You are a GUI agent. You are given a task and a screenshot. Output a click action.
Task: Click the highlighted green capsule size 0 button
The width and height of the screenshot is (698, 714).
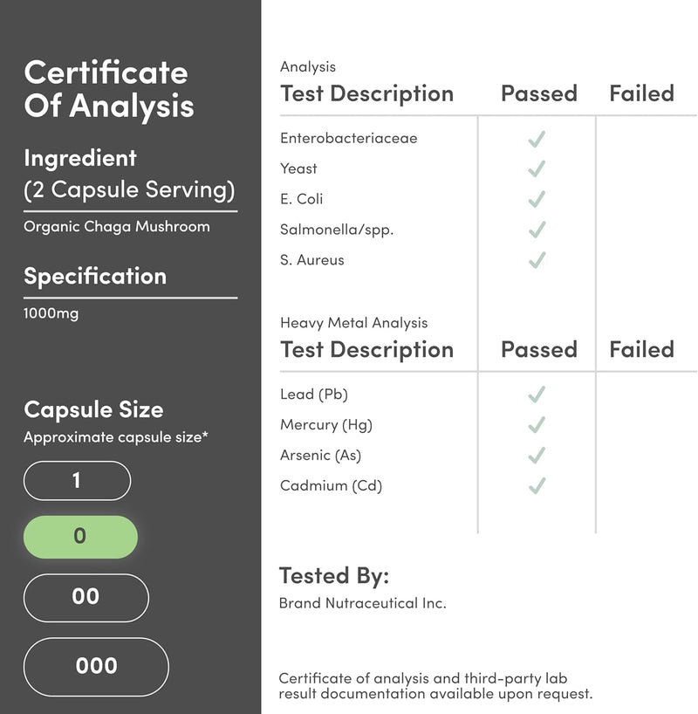pyautogui.click(x=80, y=536)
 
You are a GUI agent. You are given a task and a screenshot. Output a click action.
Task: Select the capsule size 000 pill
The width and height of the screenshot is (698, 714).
pyautogui.click(x=96, y=666)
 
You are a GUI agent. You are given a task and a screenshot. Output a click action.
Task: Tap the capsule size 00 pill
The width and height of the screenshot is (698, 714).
pyautogui.click(x=86, y=597)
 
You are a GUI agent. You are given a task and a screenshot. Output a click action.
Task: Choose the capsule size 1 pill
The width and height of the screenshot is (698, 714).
pyautogui.click(x=77, y=480)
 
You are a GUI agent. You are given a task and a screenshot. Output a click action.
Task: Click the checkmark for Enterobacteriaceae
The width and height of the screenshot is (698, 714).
pyautogui.click(x=537, y=138)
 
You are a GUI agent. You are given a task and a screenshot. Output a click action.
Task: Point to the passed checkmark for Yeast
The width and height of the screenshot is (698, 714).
pyautogui.click(x=537, y=168)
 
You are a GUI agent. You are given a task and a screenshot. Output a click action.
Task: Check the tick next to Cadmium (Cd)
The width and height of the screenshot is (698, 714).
pyautogui.click(x=537, y=485)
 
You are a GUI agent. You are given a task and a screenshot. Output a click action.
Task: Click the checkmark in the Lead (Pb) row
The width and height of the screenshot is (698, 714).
pyautogui.click(x=537, y=395)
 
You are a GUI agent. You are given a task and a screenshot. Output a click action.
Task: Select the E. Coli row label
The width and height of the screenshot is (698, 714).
pyautogui.click(x=302, y=199)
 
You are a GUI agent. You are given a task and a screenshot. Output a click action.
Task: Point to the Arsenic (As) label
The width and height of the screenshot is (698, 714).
pyautogui.click(x=320, y=455)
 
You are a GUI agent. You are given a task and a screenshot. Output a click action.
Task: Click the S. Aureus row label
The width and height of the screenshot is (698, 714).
pyautogui.click(x=312, y=260)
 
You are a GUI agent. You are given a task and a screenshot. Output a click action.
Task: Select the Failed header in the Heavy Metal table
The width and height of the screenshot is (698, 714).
pyautogui.click(x=641, y=349)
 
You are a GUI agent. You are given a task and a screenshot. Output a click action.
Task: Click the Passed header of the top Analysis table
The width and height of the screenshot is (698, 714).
pyautogui.click(x=538, y=93)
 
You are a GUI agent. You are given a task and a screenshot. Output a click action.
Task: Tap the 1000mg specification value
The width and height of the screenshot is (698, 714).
pyautogui.click(x=51, y=313)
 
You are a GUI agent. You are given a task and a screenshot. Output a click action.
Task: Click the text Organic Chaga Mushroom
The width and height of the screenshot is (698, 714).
pyautogui.click(x=117, y=227)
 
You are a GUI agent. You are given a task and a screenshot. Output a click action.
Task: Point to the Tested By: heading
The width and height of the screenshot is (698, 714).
pyautogui.click(x=333, y=576)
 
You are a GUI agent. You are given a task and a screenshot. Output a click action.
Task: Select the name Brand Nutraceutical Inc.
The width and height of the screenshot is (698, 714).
pyautogui.click(x=362, y=603)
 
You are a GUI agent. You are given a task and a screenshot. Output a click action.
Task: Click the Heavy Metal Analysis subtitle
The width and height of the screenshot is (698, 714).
pyautogui.click(x=353, y=323)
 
